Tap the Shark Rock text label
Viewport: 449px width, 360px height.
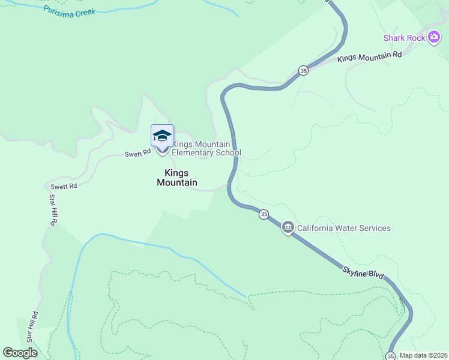(405, 38)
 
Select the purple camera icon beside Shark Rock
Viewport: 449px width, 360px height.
(434, 37)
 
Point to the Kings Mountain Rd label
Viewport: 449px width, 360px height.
(369, 57)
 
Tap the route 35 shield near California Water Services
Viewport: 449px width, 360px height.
(263, 214)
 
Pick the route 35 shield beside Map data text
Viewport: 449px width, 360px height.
(391, 356)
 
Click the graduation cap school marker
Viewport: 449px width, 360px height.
(163, 136)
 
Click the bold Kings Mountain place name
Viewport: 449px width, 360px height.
(176, 177)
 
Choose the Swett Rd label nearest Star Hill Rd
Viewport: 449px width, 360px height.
(64, 187)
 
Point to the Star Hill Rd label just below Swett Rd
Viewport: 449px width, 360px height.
(53, 210)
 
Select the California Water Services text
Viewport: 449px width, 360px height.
(344, 228)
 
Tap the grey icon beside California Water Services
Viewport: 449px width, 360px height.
(288, 227)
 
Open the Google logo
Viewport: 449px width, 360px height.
(20, 353)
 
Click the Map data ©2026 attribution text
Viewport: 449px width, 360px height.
(423, 355)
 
